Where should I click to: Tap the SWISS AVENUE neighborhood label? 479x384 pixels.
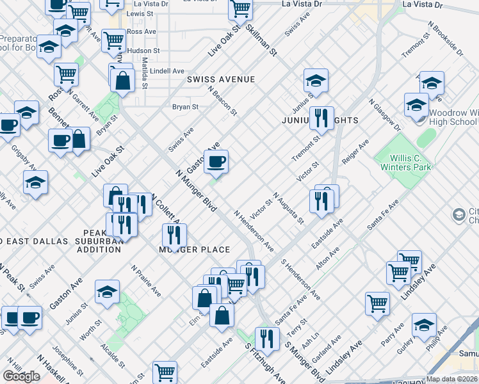[x=221, y=79]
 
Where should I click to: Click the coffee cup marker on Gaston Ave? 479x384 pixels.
[x=216, y=161]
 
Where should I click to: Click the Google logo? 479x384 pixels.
[x=21, y=376]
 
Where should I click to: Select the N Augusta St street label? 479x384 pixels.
[x=288, y=208]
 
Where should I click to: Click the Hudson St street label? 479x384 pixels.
[x=143, y=51]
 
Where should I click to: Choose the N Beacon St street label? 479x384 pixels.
[x=222, y=100]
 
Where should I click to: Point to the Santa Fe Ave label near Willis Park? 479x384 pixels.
[x=383, y=214]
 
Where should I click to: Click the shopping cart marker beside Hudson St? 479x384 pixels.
[x=113, y=40]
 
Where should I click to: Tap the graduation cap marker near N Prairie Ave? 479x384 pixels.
[x=107, y=292]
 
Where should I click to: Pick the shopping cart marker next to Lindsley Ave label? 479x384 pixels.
[x=377, y=303]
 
